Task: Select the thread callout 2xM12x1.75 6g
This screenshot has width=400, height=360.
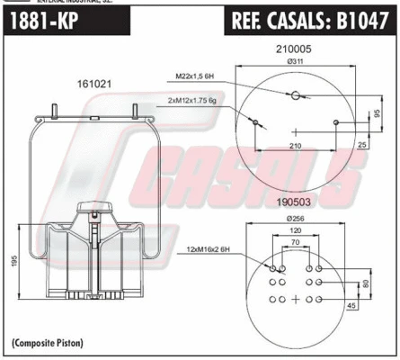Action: pos(195,103)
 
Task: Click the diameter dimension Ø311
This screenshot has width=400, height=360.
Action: pos(294,63)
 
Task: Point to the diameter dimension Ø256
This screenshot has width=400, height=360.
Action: pos(294,220)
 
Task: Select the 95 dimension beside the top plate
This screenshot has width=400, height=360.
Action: pos(375,113)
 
